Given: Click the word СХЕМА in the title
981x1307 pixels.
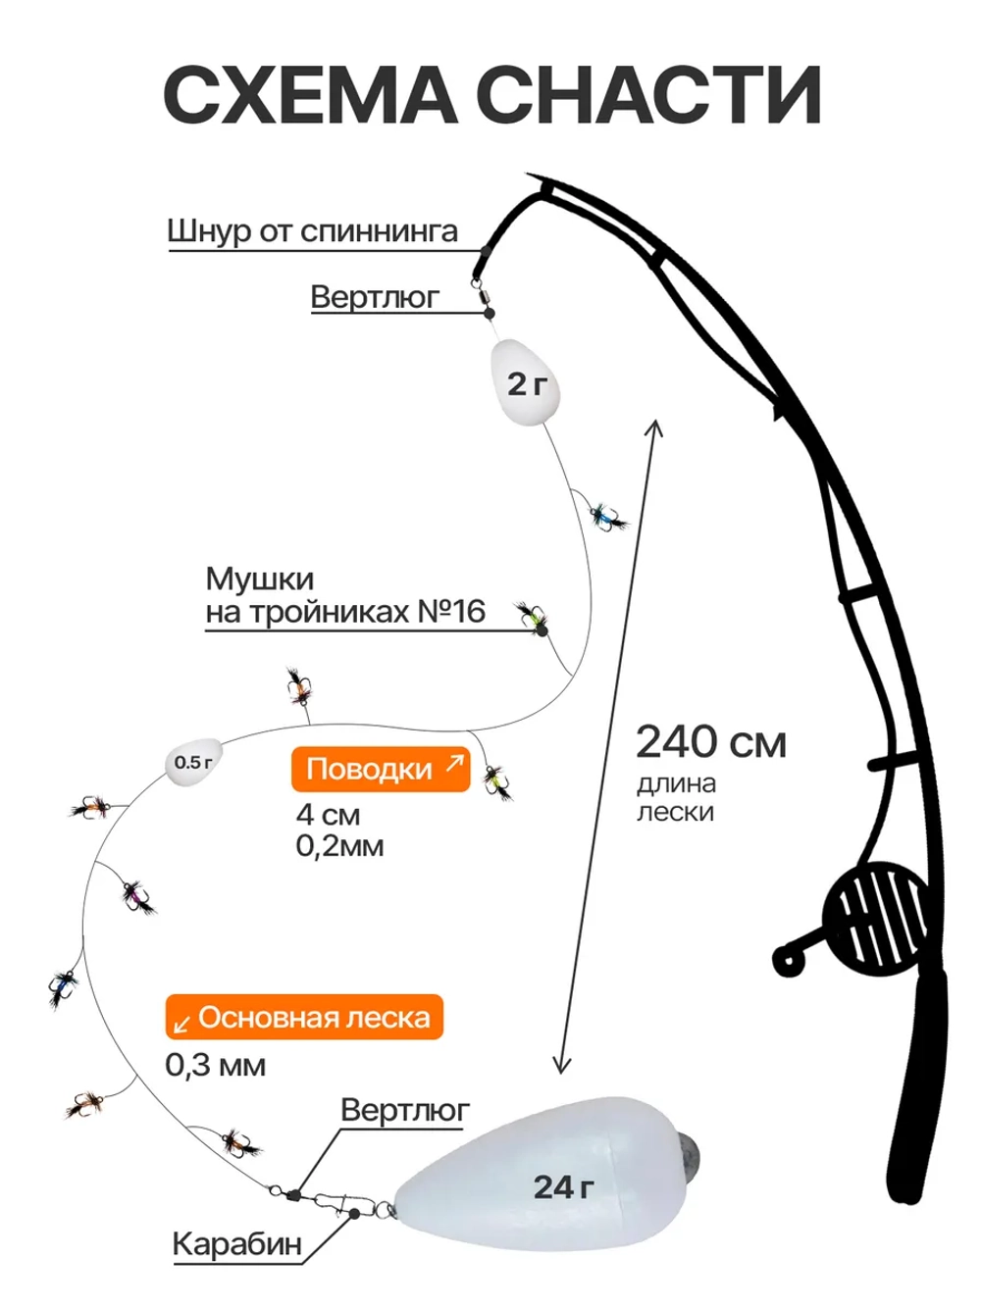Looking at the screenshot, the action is click(310, 95).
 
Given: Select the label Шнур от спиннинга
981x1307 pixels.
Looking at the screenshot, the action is click(312, 232).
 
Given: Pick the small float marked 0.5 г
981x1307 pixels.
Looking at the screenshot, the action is click(193, 762).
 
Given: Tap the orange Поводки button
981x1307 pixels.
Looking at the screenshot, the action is click(381, 769).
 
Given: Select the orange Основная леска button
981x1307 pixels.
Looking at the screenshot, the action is click(304, 1017).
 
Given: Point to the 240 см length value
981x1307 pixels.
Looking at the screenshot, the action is click(711, 743).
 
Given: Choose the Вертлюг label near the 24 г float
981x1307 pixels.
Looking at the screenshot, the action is click(405, 1111).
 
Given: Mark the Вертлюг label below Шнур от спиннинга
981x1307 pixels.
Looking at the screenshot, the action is click(375, 296).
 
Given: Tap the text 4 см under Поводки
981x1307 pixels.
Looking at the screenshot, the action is click(329, 815).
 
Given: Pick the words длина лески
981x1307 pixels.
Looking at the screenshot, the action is click(676, 798).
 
